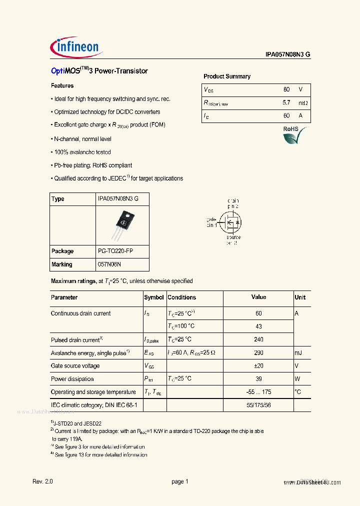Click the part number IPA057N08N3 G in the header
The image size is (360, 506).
pos(288,56)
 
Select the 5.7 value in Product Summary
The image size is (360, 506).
pos(286,103)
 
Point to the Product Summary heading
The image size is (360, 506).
pos(227,76)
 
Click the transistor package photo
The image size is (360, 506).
pos(122,224)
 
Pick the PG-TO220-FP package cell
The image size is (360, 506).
pos(115,251)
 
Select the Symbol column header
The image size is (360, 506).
pos(154,297)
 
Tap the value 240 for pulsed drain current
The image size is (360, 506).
pos(258,339)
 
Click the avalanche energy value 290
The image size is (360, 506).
pos(258,353)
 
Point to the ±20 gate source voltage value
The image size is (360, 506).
pos(258,366)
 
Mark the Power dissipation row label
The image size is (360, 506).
pos(72,379)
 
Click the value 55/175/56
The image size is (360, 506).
pos(258,405)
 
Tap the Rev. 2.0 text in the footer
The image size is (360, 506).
pos(42,482)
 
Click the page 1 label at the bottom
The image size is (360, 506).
pos(179,482)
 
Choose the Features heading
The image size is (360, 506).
pos(62,86)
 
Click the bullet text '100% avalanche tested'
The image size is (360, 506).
pos(82,152)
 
